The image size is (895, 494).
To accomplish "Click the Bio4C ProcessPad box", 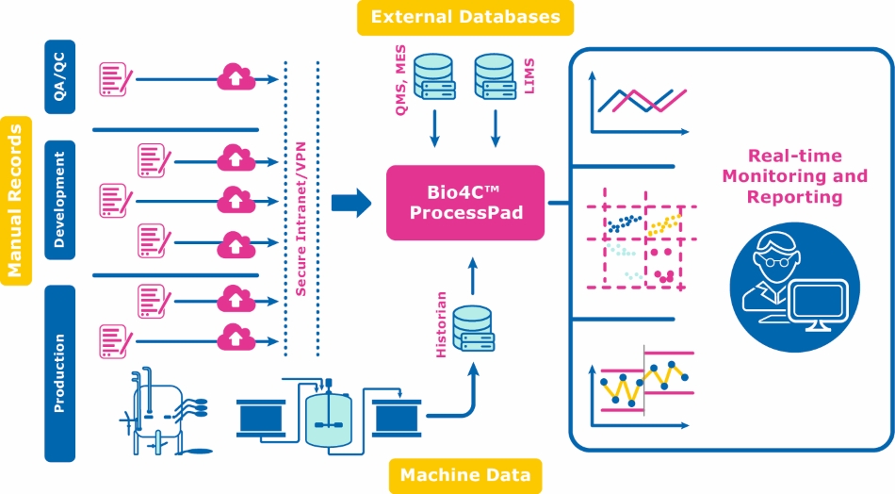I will point(465,202).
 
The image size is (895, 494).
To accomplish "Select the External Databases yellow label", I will point(465,17).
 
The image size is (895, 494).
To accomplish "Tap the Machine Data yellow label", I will point(465,474).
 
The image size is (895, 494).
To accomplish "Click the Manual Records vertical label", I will point(15,200).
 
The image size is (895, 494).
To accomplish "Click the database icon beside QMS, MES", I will point(434,78).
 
